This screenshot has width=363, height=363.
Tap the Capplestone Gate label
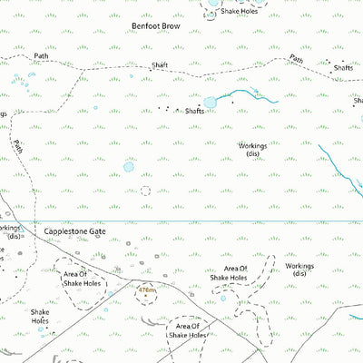coord(75,232)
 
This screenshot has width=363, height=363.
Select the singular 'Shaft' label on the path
coord(160,65)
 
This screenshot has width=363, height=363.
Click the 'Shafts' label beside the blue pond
coord(194,111)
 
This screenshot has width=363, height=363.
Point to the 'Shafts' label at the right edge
coord(343,68)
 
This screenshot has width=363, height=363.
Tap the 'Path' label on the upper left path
coord(41,56)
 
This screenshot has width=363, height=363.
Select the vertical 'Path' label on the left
coord(18,146)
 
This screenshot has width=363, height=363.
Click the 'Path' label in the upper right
coord(296,60)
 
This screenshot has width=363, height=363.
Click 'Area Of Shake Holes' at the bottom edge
coord(189,331)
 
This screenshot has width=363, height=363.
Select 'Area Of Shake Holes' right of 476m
coord(236,274)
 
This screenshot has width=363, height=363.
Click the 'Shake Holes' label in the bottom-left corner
coord(39,315)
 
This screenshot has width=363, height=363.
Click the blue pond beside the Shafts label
coord(211,102)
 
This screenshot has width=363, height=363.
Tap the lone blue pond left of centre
coord(128,167)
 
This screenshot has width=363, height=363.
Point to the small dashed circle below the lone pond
coord(145,191)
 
